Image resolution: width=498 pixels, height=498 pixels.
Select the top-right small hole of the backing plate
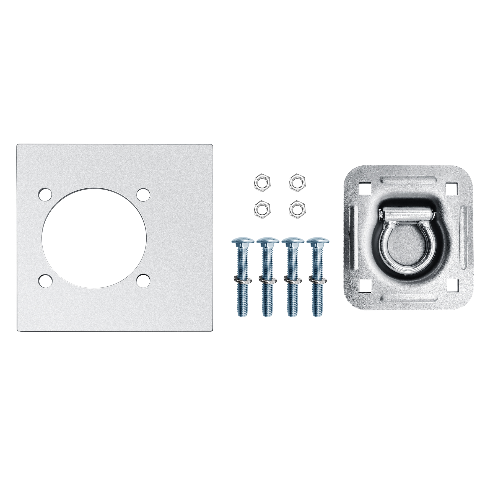[143, 195]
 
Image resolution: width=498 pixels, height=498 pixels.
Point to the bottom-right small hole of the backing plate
[143, 281]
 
